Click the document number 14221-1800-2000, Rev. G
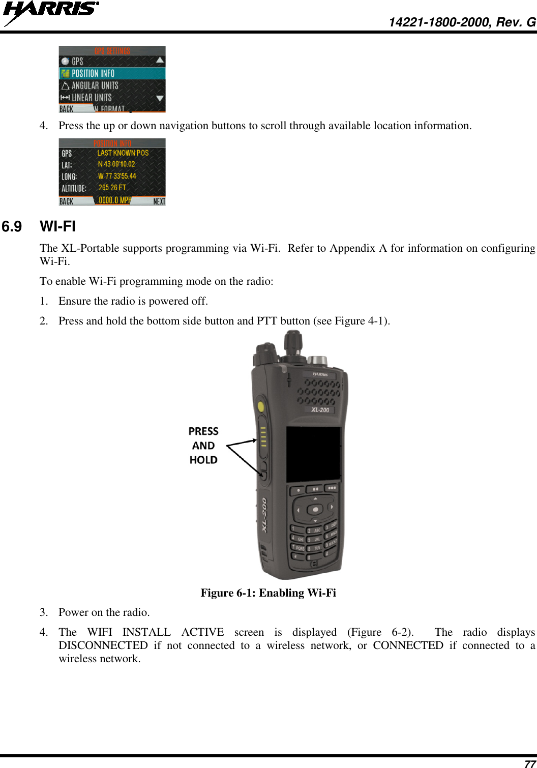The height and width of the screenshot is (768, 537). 462,22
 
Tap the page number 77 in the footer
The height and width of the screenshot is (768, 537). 529,763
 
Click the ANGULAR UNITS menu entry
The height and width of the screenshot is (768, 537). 95,85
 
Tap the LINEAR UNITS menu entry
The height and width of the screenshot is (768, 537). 91,97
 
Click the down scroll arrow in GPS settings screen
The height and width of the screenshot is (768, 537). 160,98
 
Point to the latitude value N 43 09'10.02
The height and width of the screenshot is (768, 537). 116,164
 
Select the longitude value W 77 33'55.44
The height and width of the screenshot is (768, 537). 117,176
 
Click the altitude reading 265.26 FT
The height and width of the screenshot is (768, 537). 112,188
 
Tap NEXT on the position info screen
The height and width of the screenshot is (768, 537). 159,201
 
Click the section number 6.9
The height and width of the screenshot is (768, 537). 12,227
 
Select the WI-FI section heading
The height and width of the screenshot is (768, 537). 58,227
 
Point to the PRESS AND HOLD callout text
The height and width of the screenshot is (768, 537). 203,446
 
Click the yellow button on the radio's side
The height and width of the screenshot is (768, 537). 261,406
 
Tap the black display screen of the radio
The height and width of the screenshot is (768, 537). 313,454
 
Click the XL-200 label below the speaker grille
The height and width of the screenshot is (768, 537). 320,409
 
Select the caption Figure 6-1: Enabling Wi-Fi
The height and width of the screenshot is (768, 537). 268,593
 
